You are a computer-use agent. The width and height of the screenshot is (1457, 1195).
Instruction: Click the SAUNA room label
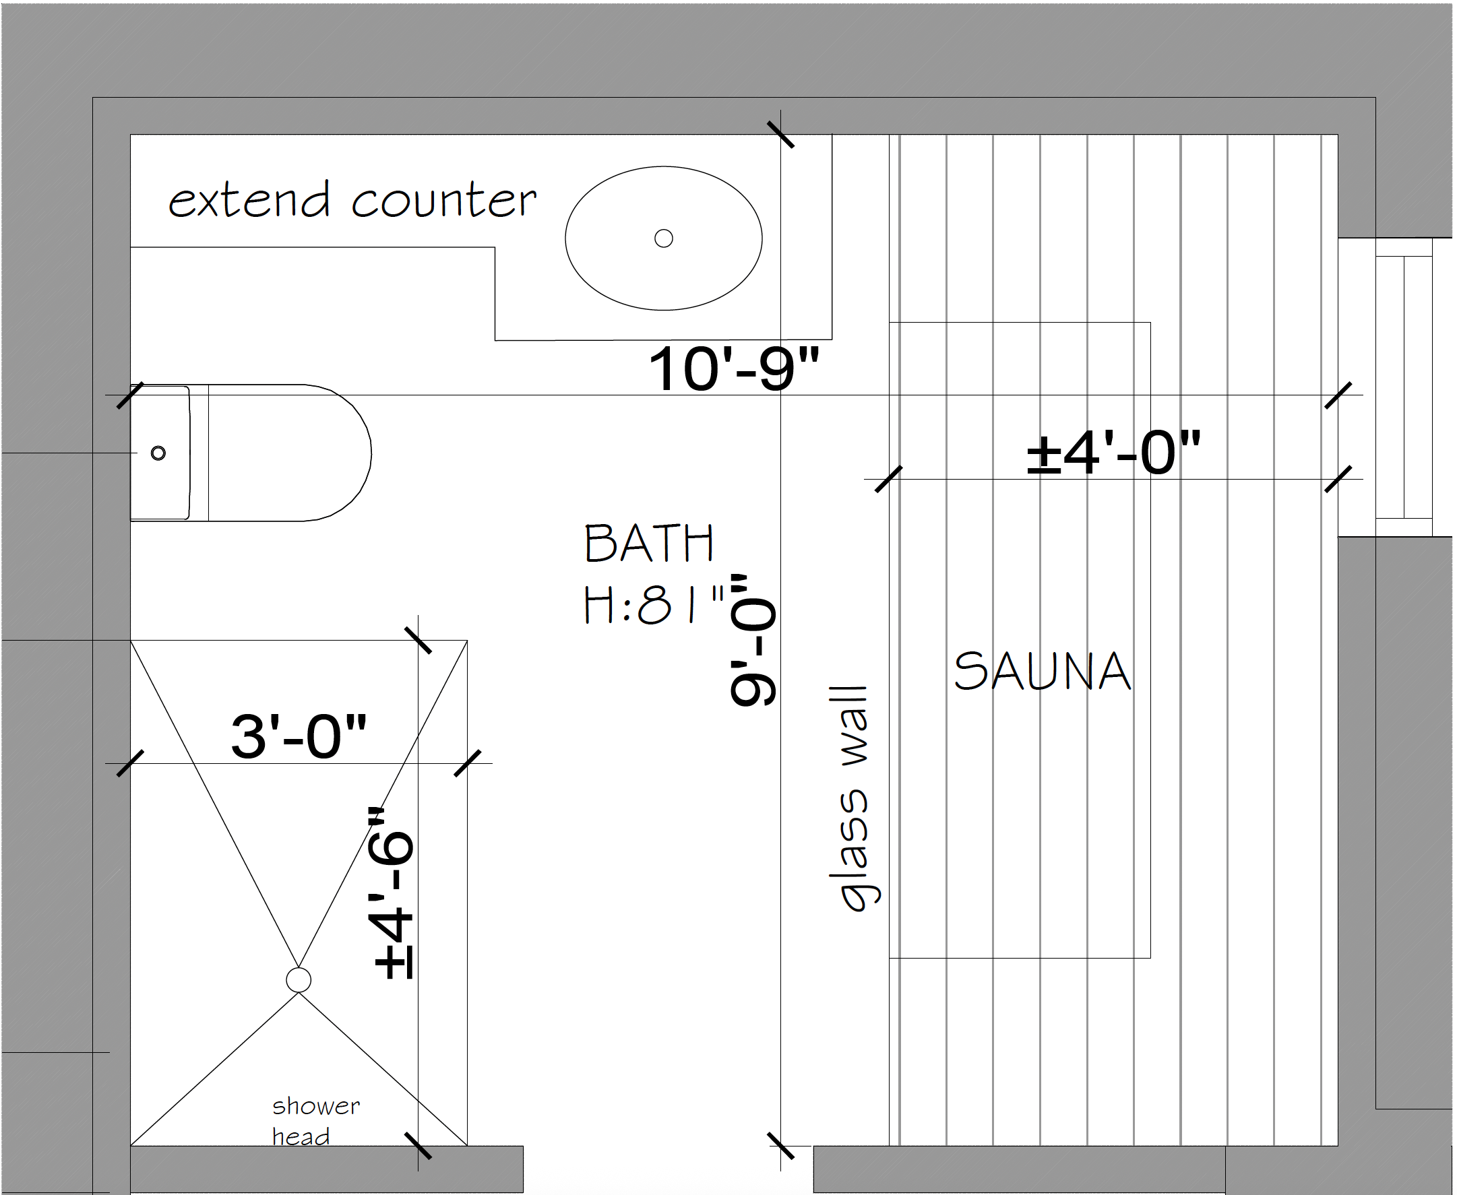click(1042, 671)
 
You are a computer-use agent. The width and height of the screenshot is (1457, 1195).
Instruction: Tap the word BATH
click(648, 544)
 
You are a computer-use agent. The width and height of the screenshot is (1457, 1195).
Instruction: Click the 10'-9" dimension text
click(734, 369)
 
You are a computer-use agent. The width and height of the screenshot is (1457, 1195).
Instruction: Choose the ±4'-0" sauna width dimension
click(1113, 452)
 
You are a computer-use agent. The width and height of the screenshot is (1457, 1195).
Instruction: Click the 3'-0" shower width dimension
click(299, 736)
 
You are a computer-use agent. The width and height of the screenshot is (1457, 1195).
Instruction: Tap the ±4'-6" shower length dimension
click(393, 893)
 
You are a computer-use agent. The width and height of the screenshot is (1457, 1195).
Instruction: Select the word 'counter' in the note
click(444, 201)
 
